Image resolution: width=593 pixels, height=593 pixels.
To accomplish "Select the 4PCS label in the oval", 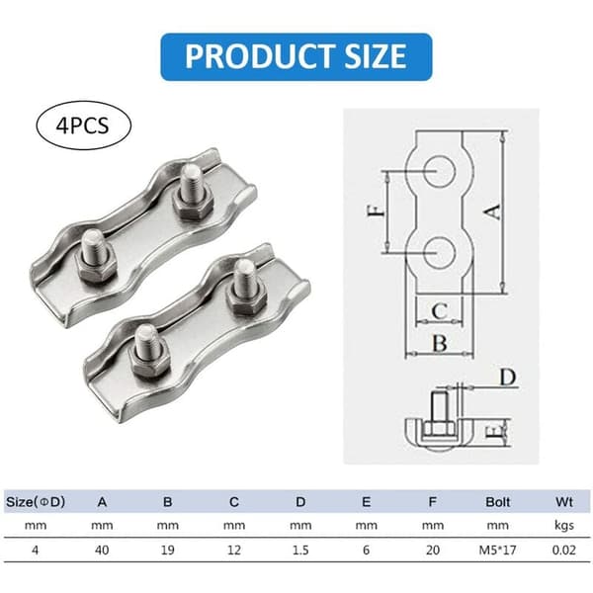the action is click(82, 126).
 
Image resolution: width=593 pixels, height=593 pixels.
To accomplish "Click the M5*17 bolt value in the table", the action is click(498, 550).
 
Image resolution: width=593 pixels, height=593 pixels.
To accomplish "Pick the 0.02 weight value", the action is click(564, 550).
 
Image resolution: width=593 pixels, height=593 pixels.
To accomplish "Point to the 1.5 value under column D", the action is click(300, 550).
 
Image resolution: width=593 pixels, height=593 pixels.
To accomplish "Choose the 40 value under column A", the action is click(102, 550).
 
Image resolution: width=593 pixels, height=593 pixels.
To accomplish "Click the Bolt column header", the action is click(498, 502).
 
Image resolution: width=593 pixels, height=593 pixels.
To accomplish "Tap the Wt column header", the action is click(564, 502).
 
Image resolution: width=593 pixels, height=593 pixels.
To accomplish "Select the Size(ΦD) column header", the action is click(36, 502).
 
